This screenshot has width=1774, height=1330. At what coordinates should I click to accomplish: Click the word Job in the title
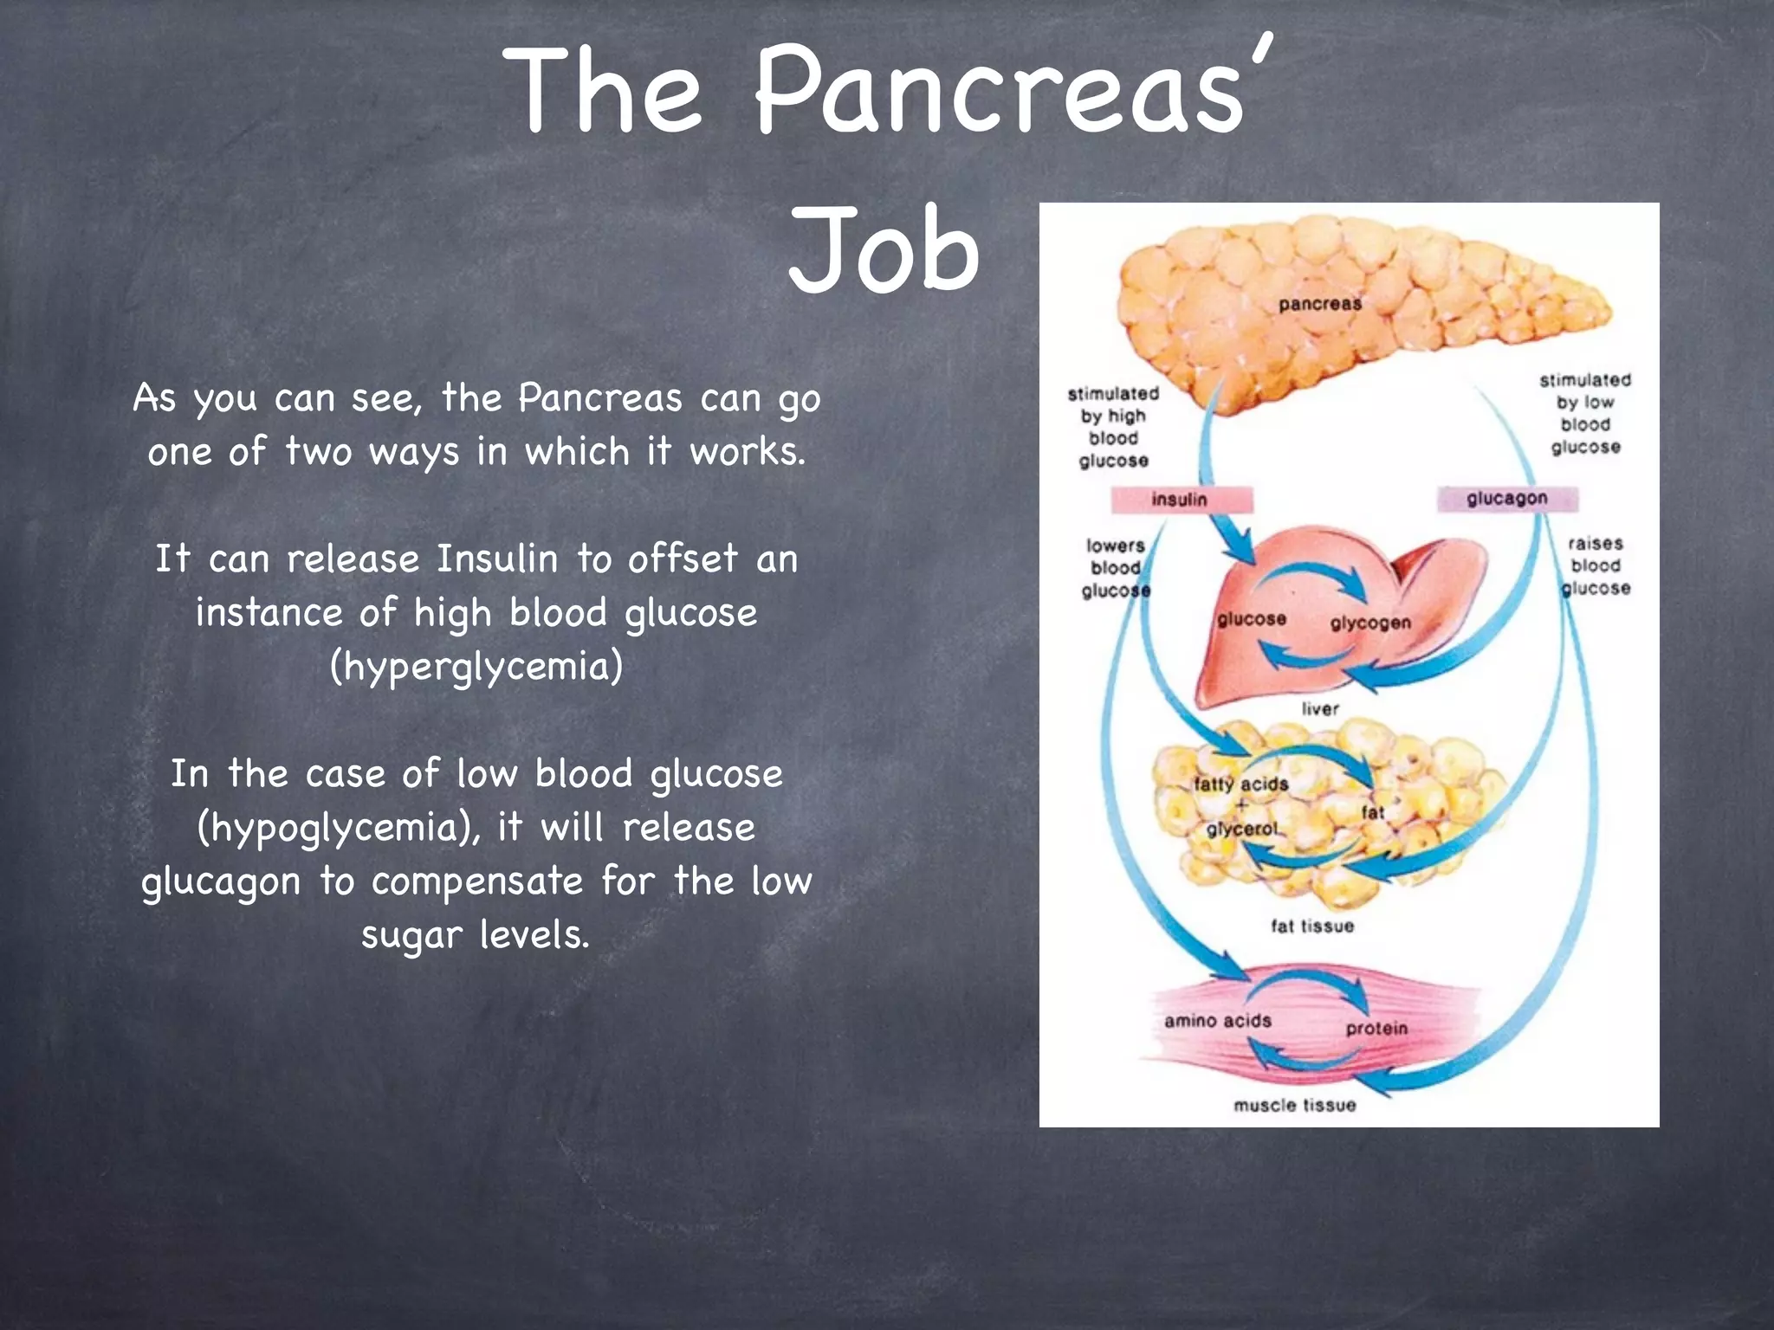tap(884, 251)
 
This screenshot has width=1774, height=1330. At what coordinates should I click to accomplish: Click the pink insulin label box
tap(1181, 500)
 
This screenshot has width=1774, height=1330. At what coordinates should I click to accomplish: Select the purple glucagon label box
tap(1507, 499)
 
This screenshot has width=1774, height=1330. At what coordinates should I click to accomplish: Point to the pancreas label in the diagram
tap(1320, 304)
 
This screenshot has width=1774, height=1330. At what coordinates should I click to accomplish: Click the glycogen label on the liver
tap(1370, 623)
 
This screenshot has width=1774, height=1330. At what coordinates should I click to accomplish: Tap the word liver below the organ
tap(1320, 709)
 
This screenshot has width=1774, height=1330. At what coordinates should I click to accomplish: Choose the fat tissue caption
tap(1312, 926)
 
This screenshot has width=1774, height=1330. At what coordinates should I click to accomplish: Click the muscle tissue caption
tap(1295, 1105)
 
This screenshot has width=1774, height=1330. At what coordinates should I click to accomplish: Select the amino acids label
tap(1218, 1021)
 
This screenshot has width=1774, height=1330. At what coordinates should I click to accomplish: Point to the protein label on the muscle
tap(1376, 1029)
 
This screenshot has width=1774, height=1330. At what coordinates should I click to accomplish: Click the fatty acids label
tap(1240, 784)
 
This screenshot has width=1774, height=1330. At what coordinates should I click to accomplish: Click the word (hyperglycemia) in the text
tap(476, 667)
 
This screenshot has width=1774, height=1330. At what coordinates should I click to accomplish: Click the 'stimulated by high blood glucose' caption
tap(1114, 427)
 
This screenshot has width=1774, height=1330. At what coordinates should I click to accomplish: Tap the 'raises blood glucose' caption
tap(1596, 566)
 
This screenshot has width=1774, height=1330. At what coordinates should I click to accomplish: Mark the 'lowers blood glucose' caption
tap(1116, 568)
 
